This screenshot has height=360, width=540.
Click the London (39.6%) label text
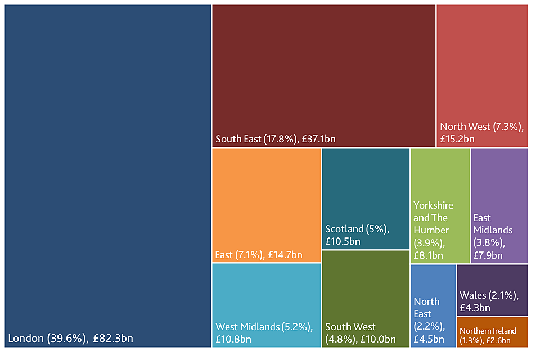(48, 339)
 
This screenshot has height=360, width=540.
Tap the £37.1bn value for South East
(317, 139)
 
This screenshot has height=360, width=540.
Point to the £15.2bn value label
(457, 139)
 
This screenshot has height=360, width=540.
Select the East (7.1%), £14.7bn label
(259, 255)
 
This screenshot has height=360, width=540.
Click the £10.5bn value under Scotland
(343, 241)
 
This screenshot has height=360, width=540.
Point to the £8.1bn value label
(429, 255)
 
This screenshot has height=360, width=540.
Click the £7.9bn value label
(488, 255)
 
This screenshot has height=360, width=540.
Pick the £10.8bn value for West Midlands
(233, 339)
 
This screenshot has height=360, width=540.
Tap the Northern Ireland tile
(493, 332)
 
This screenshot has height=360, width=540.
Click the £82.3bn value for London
(113, 339)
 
